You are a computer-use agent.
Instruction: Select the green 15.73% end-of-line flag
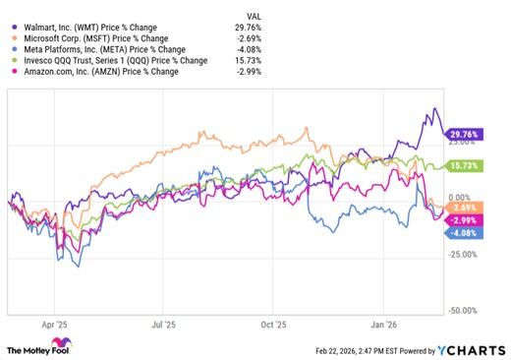pyautogui.click(x=463, y=166)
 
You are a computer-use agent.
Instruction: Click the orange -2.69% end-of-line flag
pyautogui.click(x=463, y=208)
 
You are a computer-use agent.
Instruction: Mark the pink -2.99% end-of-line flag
pyautogui.click(x=463, y=220)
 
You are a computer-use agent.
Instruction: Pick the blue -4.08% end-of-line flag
pyautogui.click(x=463, y=232)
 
